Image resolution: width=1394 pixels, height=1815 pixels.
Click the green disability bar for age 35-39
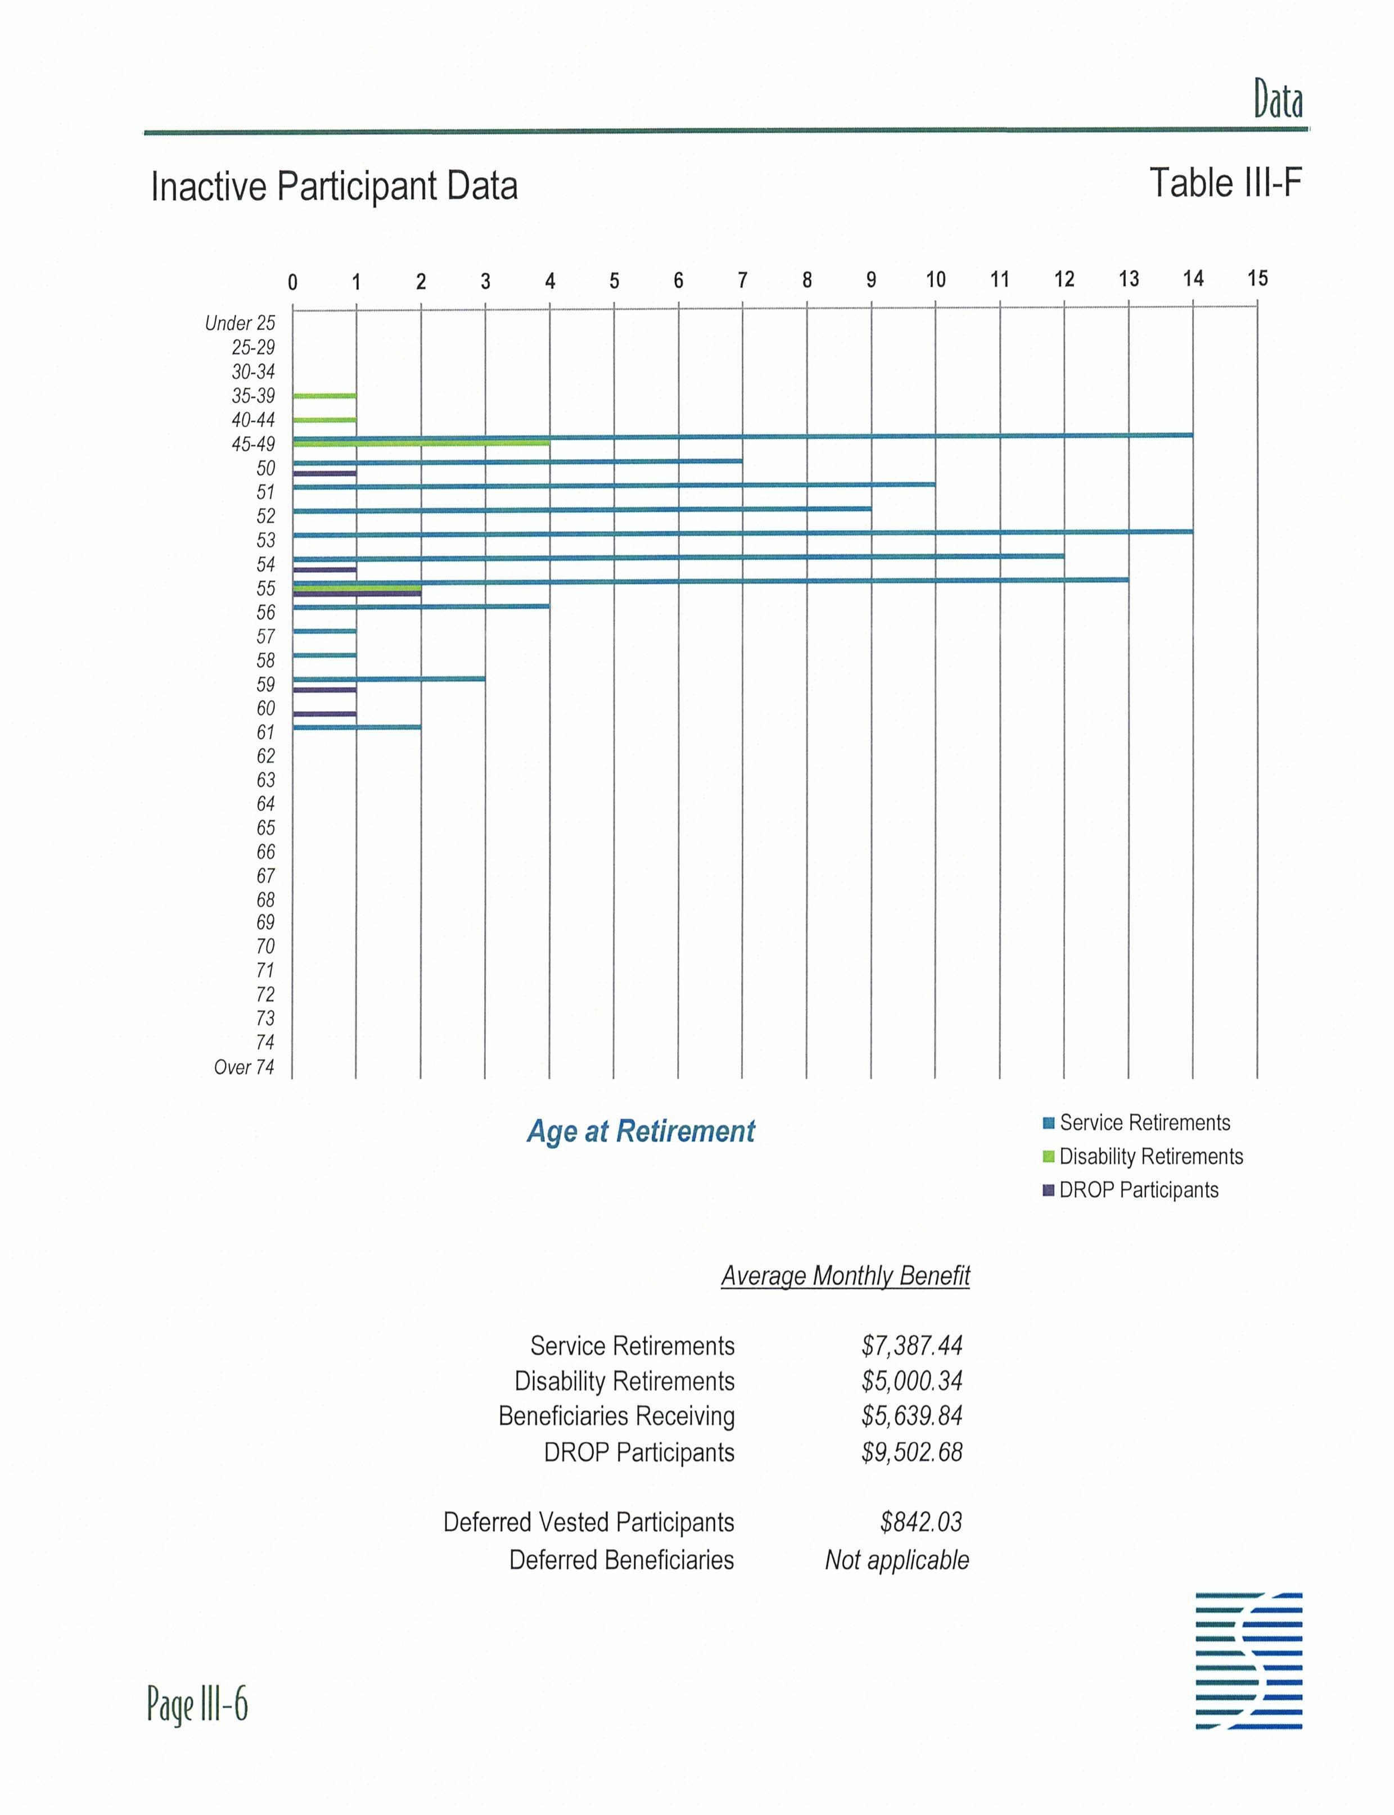(324, 396)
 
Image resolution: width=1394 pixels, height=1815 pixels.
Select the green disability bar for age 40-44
(324, 420)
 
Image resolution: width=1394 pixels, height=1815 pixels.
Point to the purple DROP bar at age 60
(324, 713)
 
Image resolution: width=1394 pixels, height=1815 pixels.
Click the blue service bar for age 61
(357, 727)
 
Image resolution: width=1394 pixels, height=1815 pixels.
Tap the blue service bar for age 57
(324, 631)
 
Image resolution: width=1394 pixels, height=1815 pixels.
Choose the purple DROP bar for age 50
(324, 473)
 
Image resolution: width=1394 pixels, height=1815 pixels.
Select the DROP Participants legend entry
(1130, 1189)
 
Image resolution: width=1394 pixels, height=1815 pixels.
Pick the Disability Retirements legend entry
(1143, 1156)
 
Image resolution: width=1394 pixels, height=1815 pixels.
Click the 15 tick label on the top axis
(1257, 279)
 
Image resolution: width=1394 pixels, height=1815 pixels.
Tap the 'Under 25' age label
(240, 323)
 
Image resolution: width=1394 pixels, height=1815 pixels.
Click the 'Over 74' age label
(244, 1067)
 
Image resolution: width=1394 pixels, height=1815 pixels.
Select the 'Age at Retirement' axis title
(640, 1130)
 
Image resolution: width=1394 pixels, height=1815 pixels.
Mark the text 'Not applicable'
(896, 1559)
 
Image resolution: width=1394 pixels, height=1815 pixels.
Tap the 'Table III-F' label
(1225, 183)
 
